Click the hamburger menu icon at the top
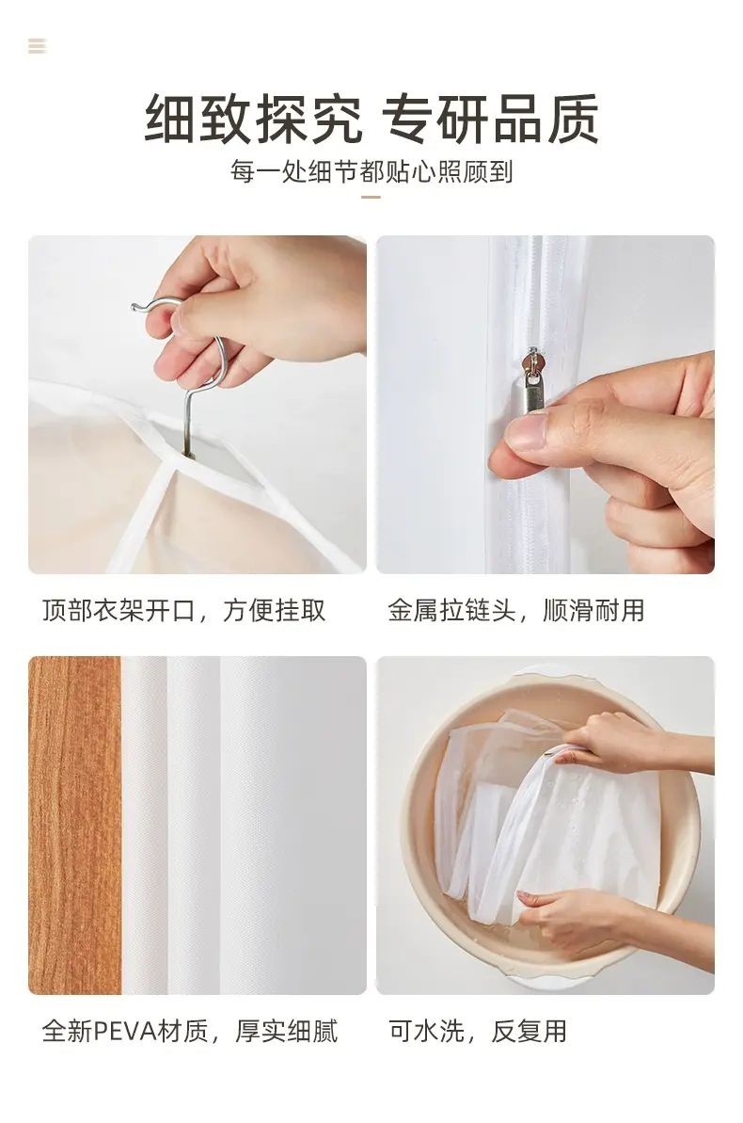pos(38,46)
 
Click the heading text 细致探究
pos(253,120)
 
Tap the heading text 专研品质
pos(490,120)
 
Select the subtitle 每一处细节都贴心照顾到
pos(371,172)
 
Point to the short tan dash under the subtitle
pos(371,196)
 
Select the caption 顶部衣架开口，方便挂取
pos(184,611)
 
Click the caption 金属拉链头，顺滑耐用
pos(516,611)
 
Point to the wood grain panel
pos(74,825)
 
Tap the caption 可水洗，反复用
pos(478,1032)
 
